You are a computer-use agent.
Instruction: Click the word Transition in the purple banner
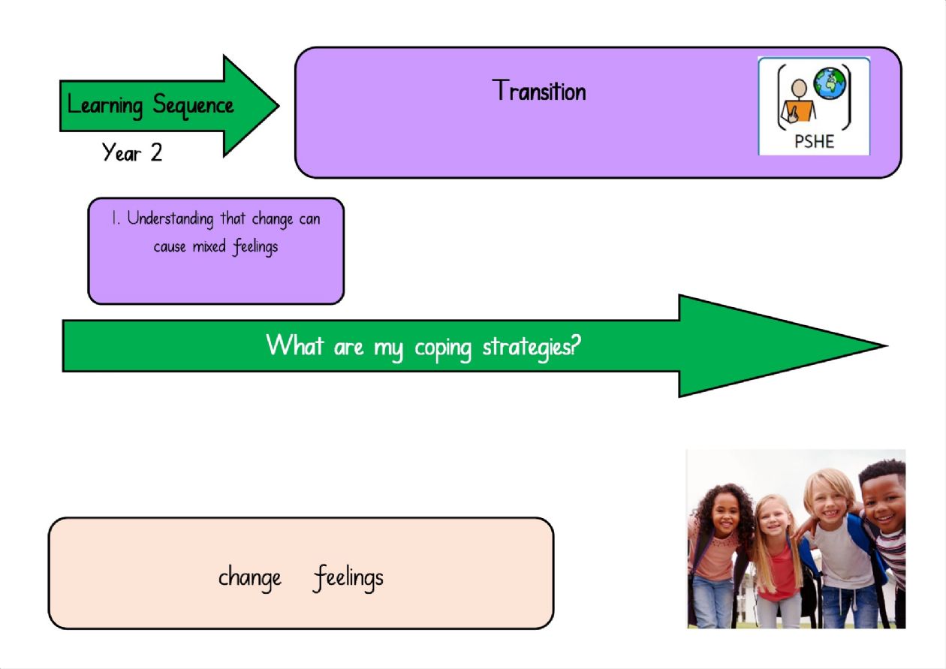[539, 90]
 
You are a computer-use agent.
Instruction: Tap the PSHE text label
[814, 141]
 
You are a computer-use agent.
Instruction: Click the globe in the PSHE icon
[830, 83]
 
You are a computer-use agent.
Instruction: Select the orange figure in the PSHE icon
[798, 102]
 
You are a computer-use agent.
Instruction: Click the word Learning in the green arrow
[105, 106]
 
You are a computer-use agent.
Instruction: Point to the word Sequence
[193, 105]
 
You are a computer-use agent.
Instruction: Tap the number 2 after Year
[156, 152]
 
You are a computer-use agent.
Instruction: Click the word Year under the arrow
[121, 152]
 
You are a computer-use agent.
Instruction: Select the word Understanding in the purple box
[170, 219]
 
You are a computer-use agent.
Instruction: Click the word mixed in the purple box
[209, 246]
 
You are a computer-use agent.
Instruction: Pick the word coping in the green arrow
[443, 348]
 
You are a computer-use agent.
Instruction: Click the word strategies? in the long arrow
[532, 347]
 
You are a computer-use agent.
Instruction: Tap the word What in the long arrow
[295, 345]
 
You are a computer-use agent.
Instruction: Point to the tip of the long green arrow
[887, 346]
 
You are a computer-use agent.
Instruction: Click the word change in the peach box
[249, 577]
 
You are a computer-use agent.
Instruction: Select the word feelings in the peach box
[348, 577]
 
